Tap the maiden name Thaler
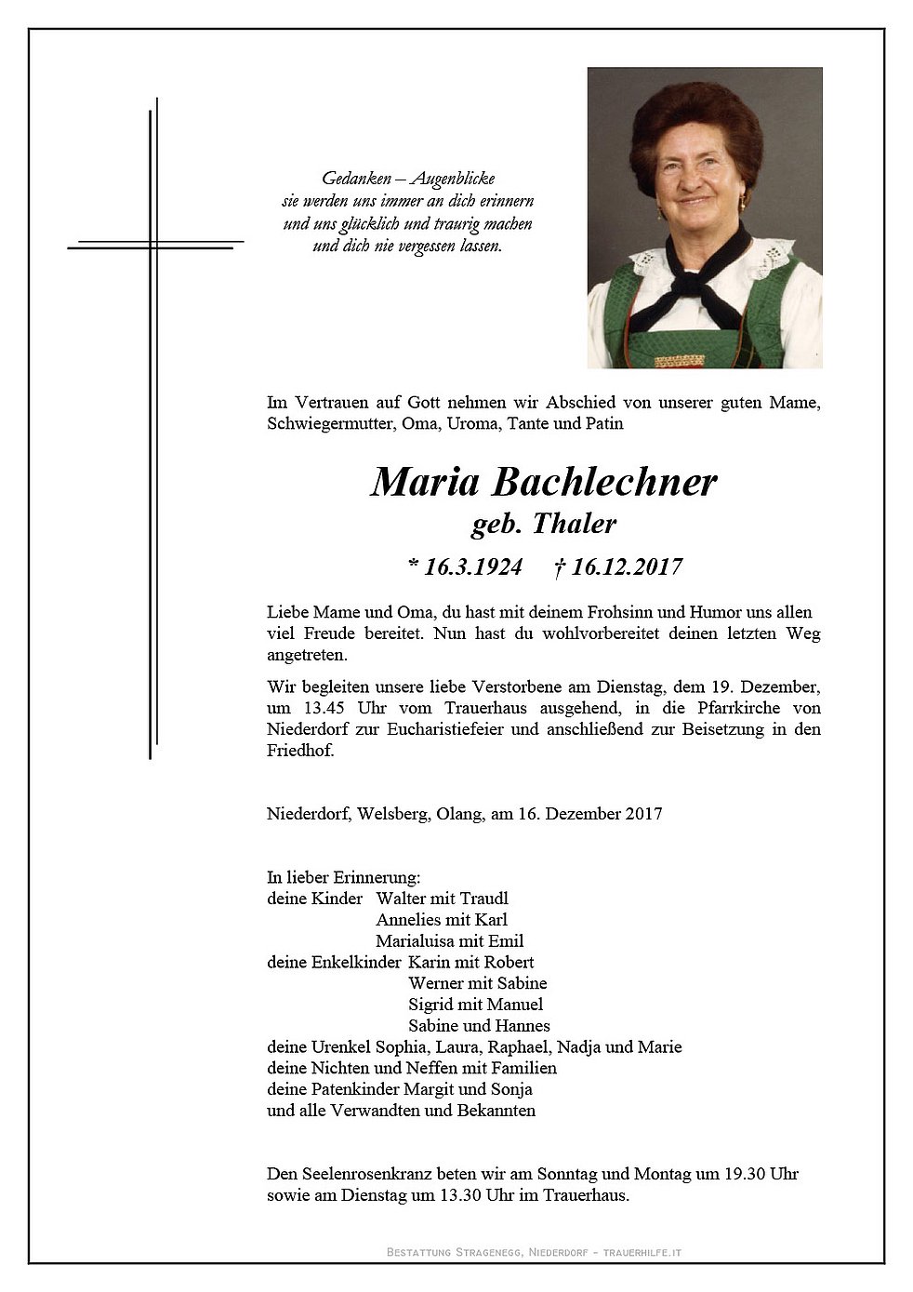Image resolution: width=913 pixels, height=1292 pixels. click(574, 525)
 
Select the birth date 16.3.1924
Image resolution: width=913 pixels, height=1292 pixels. click(465, 566)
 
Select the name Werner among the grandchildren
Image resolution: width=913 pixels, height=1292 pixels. click(436, 983)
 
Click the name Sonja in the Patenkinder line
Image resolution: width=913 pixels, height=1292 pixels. click(510, 1089)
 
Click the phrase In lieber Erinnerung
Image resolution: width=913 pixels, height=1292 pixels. click(343, 876)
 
